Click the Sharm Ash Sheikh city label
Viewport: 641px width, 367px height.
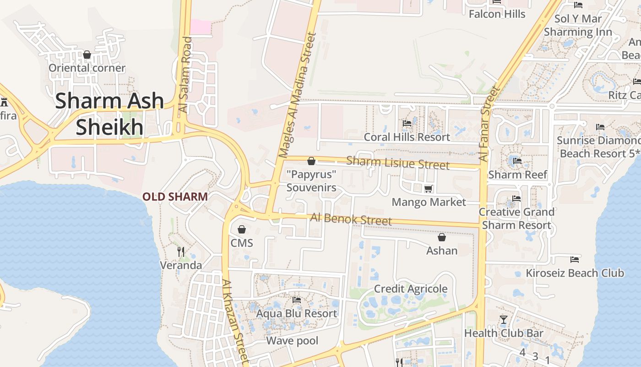pos(109,114)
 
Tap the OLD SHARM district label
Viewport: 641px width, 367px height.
pos(175,197)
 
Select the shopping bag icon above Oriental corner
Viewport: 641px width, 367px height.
pos(87,55)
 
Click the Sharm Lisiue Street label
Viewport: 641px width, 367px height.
pos(397,162)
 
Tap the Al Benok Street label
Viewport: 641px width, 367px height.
pos(351,219)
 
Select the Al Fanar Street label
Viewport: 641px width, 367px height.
pos(488,124)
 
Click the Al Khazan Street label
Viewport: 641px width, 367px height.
pos(235,321)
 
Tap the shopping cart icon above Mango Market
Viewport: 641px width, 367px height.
pos(429,189)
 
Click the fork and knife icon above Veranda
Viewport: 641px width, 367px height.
pos(181,251)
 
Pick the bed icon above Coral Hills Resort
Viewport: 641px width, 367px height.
pos(407,123)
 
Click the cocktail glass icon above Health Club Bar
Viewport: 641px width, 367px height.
pos(504,319)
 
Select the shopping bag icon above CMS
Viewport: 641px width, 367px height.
pos(242,229)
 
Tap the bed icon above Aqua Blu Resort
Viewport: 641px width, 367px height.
pos(297,300)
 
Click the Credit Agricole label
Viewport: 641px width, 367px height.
pos(411,289)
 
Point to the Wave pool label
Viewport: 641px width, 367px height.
pos(292,340)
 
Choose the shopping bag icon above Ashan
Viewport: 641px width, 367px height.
pos(442,237)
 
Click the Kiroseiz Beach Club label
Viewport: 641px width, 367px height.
pos(575,273)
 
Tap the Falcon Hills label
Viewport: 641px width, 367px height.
pos(497,14)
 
